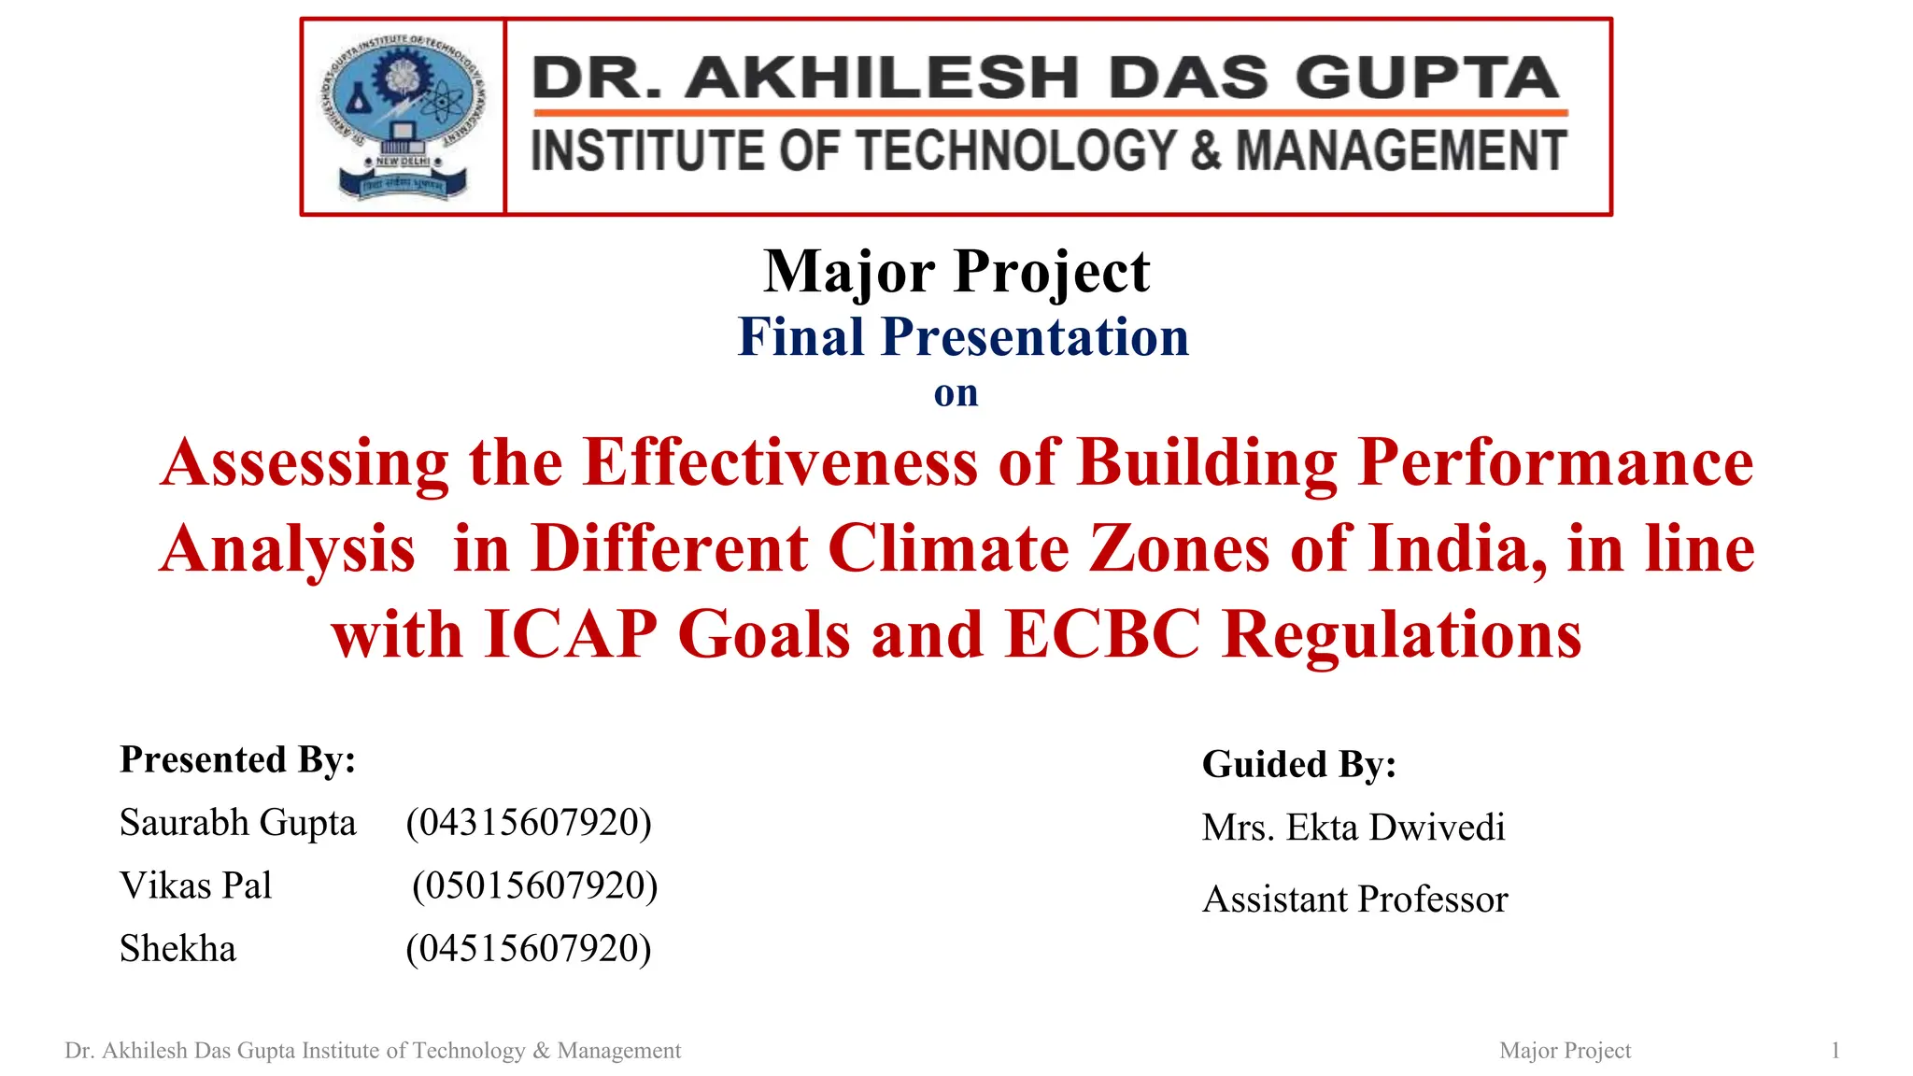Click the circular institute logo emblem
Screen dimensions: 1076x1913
pos(403,116)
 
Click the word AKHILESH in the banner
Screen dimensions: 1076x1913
pos(882,78)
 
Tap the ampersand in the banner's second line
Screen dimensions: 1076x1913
pos(1205,150)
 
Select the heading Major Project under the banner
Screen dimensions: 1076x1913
pos(956,272)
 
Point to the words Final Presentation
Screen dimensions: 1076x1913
pos(963,337)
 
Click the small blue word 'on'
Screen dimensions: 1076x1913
pos(956,393)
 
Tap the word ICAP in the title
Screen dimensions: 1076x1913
pos(571,634)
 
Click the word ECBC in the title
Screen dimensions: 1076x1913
pos(1103,634)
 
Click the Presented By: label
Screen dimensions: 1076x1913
pos(238,759)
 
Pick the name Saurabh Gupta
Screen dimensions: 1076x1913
pos(238,823)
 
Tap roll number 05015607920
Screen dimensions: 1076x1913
pos(534,885)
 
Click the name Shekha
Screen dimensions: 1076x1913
pos(178,949)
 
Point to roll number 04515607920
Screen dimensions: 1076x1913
pos(529,949)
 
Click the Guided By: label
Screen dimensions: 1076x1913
pos(1299,764)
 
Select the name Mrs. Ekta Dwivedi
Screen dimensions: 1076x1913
pos(1353,828)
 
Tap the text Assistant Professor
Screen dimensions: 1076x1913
pos(1355,899)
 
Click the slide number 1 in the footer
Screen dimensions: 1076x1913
pos(1835,1051)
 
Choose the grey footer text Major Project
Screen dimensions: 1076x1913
pos(1565,1051)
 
